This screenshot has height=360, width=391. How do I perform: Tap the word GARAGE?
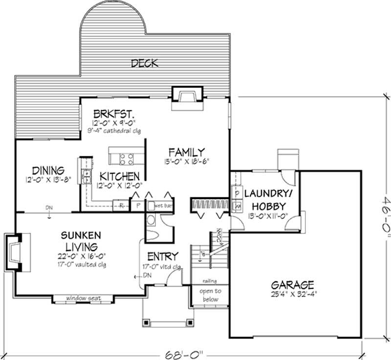pyautogui.click(x=293, y=284)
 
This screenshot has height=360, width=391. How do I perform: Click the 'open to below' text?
pyautogui.click(x=210, y=295)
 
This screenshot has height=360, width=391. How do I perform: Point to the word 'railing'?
pyautogui.click(x=210, y=281)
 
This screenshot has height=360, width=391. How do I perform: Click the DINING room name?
pyautogui.click(x=48, y=170)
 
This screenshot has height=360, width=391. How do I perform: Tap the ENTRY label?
pyautogui.click(x=162, y=256)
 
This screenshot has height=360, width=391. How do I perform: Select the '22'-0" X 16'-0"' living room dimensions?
pyautogui.click(x=82, y=255)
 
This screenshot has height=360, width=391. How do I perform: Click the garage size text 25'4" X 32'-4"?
pyautogui.click(x=293, y=295)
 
